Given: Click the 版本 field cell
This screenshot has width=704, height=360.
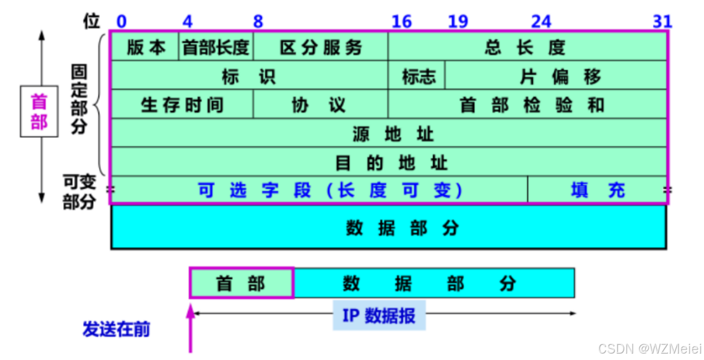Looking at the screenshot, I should pos(145,47).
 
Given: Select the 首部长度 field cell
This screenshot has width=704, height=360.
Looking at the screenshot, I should pos(216,47).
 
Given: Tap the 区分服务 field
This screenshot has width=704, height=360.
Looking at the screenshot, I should pos(321,47).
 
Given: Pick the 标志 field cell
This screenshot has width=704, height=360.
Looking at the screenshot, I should pos(418,76).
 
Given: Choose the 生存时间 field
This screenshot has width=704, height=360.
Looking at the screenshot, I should pos(182,105).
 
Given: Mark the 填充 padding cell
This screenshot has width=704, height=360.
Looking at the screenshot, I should pos(598,190).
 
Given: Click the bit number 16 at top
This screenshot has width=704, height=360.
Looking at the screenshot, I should pos(401,22).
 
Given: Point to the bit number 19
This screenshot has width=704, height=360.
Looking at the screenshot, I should pos(458,22).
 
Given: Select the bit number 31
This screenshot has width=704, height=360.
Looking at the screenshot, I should pos(662,22).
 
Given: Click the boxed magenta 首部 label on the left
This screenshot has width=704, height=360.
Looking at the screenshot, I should pos(39,111).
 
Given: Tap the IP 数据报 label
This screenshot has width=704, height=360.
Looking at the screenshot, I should pos(379,315).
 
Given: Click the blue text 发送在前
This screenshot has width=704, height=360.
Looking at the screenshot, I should pos(116,329).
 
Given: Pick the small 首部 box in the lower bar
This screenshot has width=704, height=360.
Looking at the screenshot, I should pos(241,283).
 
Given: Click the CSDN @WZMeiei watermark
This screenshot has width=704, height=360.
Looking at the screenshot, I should pos(649,348).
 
